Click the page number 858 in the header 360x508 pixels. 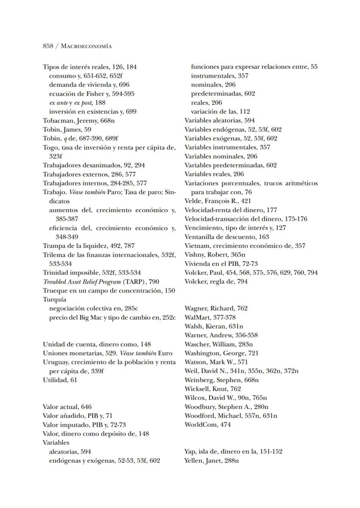click(48, 46)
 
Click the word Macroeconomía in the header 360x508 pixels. click(87, 46)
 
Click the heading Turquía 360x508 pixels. click(54, 299)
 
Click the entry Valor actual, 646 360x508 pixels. click(67, 407)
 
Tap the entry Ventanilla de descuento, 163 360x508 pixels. click(227, 237)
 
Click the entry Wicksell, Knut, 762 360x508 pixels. click(213, 389)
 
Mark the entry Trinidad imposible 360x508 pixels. click(92, 273)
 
